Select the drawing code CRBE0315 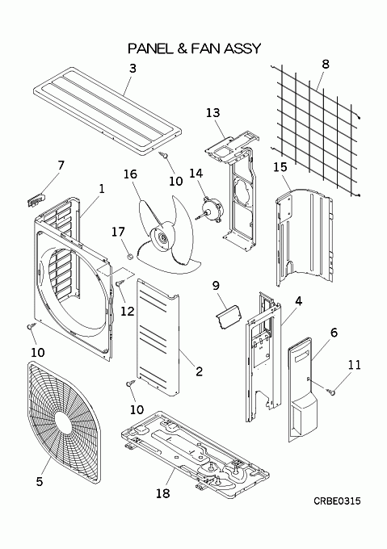tap(337, 501)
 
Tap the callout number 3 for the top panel tap(133, 69)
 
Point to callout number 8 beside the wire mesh tap(326, 64)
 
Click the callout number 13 tap(213, 113)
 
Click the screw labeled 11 tap(330, 392)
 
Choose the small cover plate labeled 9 tap(229, 316)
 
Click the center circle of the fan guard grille tap(63, 419)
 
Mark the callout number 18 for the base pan tap(163, 493)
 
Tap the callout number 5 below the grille tap(40, 481)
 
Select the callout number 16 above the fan tap(130, 174)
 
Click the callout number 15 tap(280, 167)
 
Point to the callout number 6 tap(334, 333)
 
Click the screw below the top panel tap(163, 153)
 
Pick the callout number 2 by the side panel tap(199, 371)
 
